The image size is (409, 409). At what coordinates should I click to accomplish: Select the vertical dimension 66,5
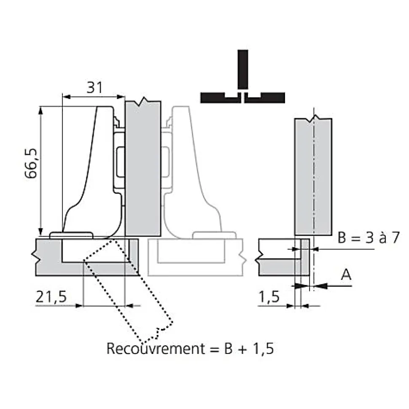[32, 164]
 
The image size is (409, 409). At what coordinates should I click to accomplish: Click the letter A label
[345, 275]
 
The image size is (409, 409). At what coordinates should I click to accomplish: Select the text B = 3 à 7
[368, 238]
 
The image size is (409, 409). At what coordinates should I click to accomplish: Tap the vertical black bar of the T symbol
[242, 70]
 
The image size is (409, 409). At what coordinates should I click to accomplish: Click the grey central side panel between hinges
[143, 168]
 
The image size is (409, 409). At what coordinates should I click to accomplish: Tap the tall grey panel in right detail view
[313, 177]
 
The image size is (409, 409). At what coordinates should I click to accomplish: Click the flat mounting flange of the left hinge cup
[71, 235]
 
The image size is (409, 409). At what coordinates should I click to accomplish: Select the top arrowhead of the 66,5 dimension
[40, 111]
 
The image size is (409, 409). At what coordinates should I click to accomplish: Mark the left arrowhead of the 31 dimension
[65, 97]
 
